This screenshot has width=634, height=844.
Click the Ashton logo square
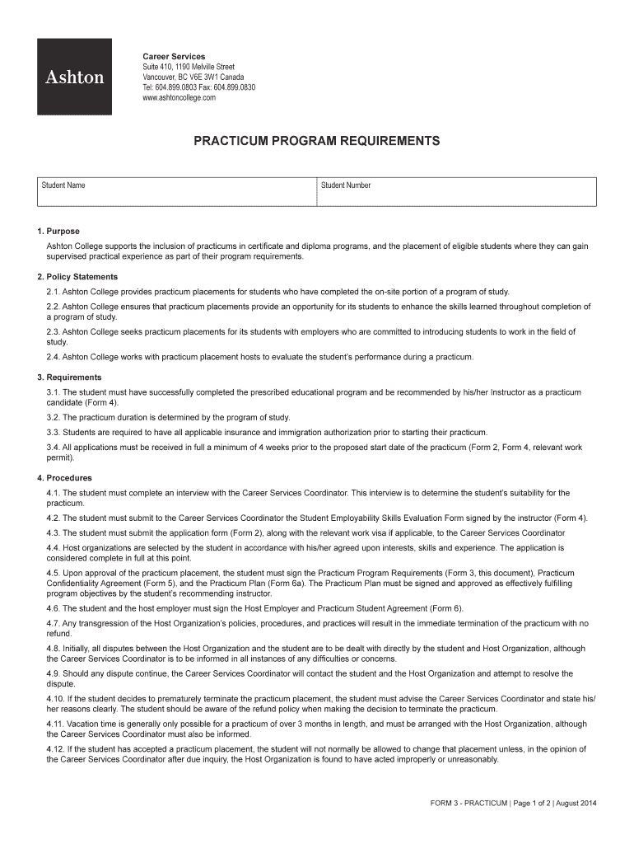pos(74,77)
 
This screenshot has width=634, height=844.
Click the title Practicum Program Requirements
pos(316,141)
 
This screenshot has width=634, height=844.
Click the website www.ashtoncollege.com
pos(179,97)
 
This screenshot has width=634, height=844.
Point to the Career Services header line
pos(175,56)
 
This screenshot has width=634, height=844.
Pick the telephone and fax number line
pos(198,87)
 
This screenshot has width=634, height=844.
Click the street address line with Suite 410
pos(189,67)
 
